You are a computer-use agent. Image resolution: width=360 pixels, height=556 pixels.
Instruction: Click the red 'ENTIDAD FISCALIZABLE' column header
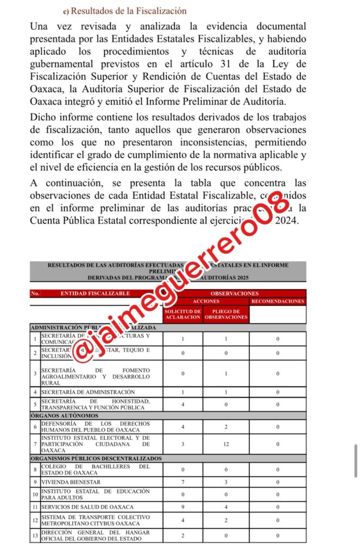point(96,293)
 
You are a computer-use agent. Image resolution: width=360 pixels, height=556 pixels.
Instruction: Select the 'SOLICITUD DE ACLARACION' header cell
point(183,314)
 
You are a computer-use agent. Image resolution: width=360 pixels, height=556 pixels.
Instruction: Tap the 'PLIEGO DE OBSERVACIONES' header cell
point(226,314)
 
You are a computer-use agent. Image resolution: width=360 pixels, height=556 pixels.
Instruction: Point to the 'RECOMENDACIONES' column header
point(277,301)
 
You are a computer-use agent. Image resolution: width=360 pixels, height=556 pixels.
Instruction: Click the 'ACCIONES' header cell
point(206,301)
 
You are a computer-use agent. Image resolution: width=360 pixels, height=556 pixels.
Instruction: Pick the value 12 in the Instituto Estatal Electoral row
point(226,444)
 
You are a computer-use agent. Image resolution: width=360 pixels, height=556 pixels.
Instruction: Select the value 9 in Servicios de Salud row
point(183,507)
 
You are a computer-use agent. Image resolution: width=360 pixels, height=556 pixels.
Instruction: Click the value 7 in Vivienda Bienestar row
point(183,482)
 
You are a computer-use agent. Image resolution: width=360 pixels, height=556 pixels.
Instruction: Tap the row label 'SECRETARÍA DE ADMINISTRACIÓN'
point(88,392)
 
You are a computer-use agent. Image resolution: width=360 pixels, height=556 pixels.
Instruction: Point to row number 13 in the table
point(35,536)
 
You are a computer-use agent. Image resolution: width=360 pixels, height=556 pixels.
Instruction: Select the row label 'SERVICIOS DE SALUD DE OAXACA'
point(87,507)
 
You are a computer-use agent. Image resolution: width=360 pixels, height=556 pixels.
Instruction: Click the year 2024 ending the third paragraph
point(287,221)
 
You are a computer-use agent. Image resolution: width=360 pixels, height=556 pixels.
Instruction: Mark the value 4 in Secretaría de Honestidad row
point(183,405)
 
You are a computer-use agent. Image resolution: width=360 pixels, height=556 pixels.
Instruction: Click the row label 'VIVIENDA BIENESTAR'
point(71,482)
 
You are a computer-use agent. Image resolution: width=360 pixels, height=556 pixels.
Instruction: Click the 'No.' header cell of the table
point(35,293)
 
